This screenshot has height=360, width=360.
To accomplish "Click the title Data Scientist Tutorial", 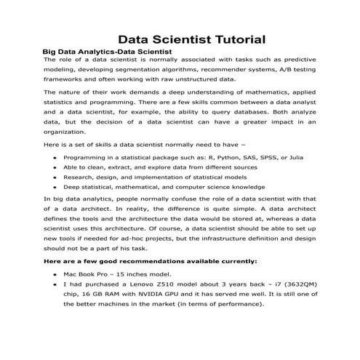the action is pos(191,39).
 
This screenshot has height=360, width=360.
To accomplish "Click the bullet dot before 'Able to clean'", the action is pos(55,167).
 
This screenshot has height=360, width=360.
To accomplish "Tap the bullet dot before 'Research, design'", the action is pos(55,177).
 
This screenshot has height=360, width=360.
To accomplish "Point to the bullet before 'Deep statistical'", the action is pos(55,188).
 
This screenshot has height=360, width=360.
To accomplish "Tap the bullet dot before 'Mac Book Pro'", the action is pos(55,276).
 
